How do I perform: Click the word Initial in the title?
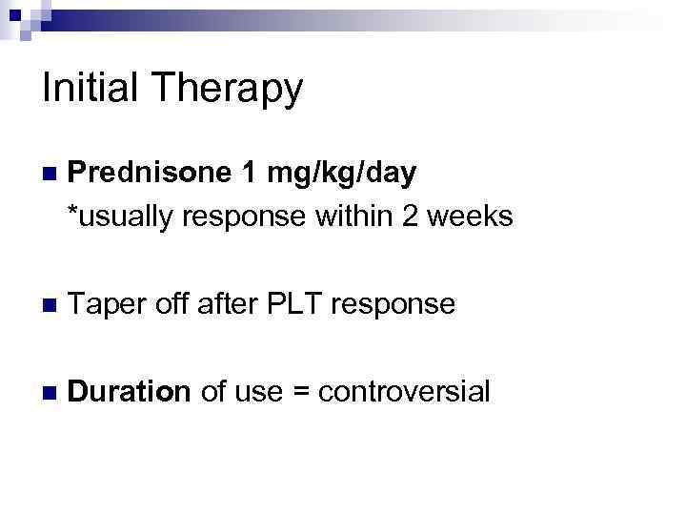(x=91, y=89)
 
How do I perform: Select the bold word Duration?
(x=130, y=390)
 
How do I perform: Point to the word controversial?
(x=404, y=390)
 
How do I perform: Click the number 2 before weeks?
(x=411, y=216)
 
